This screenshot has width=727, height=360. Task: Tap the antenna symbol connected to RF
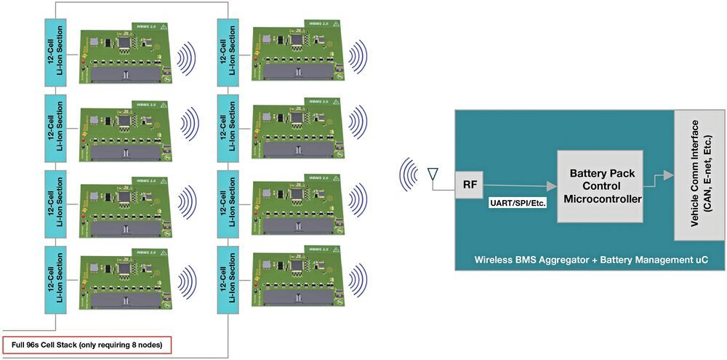[432, 175]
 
